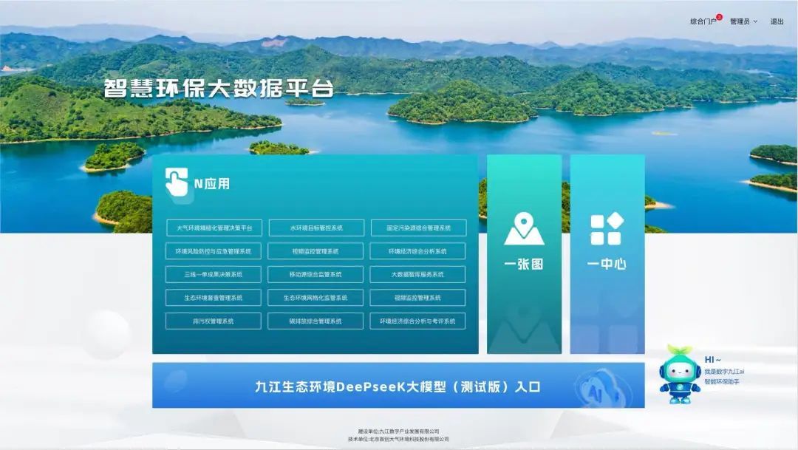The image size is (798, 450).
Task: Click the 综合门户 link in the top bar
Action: [x=703, y=21]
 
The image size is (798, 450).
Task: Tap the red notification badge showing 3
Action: [x=719, y=17]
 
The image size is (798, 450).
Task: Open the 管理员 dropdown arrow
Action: [x=755, y=21]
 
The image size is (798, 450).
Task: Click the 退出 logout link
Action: [x=777, y=21]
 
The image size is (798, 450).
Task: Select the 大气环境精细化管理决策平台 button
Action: [x=214, y=228]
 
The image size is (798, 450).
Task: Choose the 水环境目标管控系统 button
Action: [x=316, y=228]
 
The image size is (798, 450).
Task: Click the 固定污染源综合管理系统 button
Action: [x=418, y=228]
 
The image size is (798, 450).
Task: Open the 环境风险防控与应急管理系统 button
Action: [x=214, y=251]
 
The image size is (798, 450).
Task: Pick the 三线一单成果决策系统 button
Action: [x=214, y=274]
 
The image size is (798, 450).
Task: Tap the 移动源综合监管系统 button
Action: [x=316, y=274]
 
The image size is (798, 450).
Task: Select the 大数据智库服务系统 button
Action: [x=418, y=274]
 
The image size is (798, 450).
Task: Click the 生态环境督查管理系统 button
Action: [x=214, y=298]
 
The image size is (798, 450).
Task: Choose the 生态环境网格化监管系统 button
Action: [x=316, y=298]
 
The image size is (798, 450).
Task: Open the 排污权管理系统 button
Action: [x=214, y=321]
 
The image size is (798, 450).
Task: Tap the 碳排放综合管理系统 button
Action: [x=316, y=321]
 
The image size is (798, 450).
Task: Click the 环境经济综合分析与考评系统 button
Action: [x=418, y=321]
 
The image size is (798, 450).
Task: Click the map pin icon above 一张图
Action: [x=524, y=228]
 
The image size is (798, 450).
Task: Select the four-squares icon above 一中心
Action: [x=607, y=229]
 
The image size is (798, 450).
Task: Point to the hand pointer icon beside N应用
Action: [x=176, y=182]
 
